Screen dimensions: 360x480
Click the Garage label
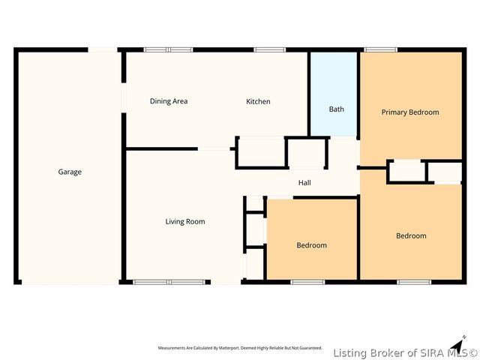[x=70, y=172]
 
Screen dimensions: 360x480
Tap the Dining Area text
[x=168, y=101]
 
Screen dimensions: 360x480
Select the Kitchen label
[x=258, y=101]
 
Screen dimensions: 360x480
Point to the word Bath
[x=337, y=109]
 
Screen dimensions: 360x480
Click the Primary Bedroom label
[x=409, y=112]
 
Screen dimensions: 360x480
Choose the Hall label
[x=304, y=182]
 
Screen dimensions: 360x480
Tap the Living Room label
[x=185, y=221]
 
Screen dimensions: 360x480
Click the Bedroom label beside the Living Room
[x=311, y=245]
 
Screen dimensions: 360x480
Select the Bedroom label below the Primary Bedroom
[x=411, y=235]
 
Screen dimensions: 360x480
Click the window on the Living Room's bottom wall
[x=169, y=282]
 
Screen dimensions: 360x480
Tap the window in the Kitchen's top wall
[x=268, y=50]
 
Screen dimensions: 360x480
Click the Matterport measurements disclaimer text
[x=240, y=348]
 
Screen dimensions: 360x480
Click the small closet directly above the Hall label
[x=307, y=154]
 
